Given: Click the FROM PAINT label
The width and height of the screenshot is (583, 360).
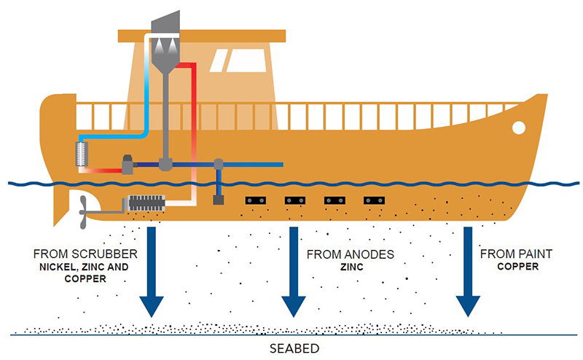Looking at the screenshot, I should pyautogui.click(x=516, y=254).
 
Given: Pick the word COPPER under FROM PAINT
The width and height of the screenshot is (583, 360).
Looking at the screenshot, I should pyautogui.click(x=516, y=267).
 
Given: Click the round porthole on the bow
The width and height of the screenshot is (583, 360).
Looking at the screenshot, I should pyautogui.click(x=518, y=128).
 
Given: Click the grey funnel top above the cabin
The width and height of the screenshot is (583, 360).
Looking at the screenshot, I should pyautogui.click(x=168, y=22).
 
